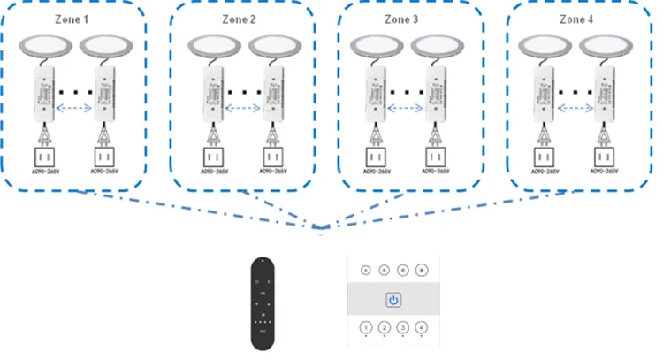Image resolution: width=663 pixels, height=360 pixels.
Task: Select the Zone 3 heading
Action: (x=403, y=19)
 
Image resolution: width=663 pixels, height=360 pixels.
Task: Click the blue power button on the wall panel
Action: (x=393, y=300)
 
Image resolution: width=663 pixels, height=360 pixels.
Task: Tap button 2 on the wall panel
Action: (x=385, y=329)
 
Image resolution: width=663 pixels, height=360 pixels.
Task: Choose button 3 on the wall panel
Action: (x=403, y=329)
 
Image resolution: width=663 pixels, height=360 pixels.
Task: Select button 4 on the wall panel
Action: (x=422, y=329)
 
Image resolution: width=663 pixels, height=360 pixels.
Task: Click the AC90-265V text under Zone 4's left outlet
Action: (x=545, y=173)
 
